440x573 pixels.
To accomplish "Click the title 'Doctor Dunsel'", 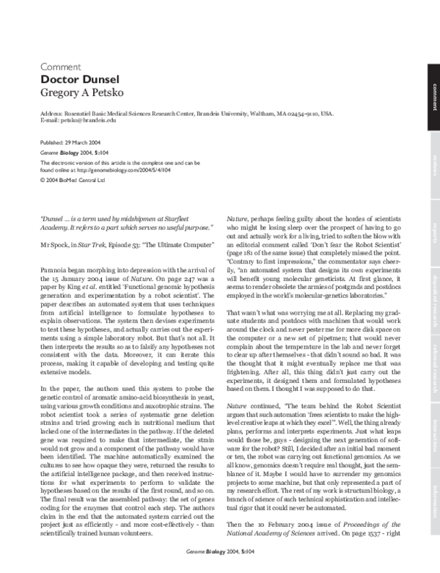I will (76, 79).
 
